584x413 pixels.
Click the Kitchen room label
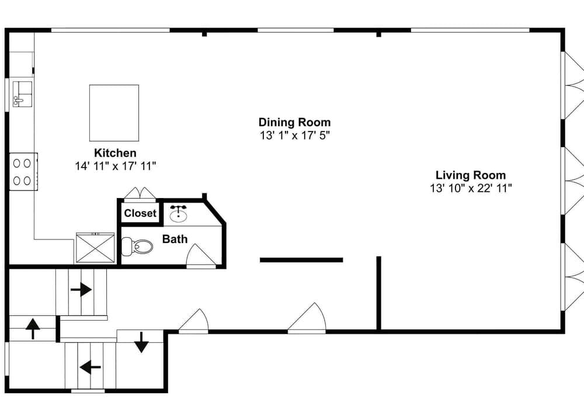pyautogui.click(x=115, y=153)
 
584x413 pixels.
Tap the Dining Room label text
pyautogui.click(x=294, y=122)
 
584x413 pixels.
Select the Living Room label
pyautogui.click(x=470, y=175)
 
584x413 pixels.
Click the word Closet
pyautogui.click(x=140, y=213)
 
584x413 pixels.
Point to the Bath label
pyautogui.click(x=175, y=238)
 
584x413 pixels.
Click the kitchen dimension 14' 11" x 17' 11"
pyautogui.click(x=115, y=166)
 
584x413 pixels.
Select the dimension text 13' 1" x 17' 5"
pyautogui.click(x=294, y=136)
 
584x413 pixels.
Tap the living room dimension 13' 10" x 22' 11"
pyautogui.click(x=470, y=188)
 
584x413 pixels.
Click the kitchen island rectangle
pyautogui.click(x=114, y=113)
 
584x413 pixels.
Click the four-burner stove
pyautogui.click(x=23, y=172)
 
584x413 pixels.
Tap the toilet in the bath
pyautogui.click(x=141, y=247)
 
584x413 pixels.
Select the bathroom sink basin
pyautogui.click(x=178, y=215)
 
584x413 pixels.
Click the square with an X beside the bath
pyautogui.click(x=95, y=248)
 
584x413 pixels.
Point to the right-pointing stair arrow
pyautogui.click(x=81, y=289)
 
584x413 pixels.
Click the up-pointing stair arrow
pyautogui.click(x=32, y=329)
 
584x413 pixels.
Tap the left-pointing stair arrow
pyautogui.click(x=90, y=367)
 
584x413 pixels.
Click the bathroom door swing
pyautogui.click(x=200, y=256)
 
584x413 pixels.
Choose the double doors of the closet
pyautogui.click(x=140, y=193)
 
